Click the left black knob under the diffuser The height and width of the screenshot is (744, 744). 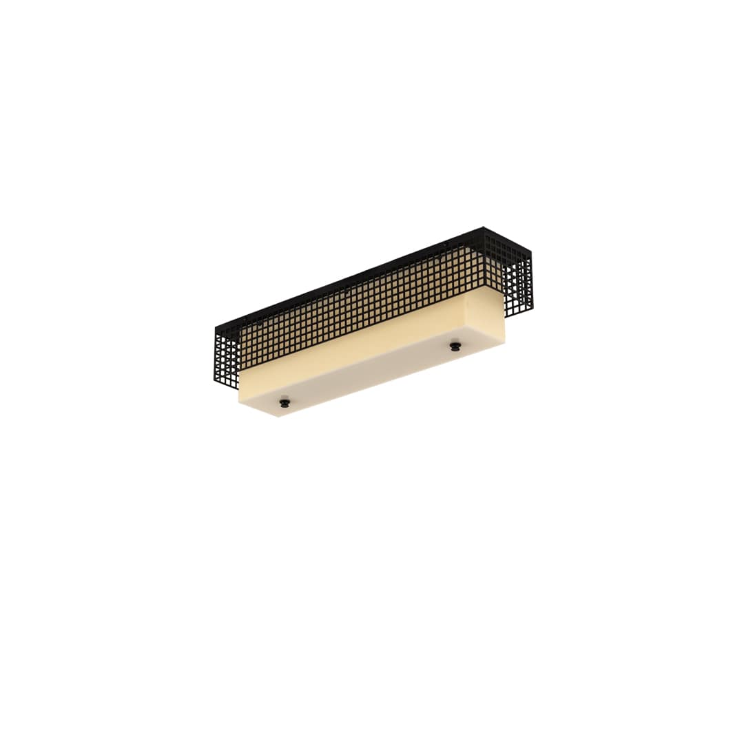(x=284, y=400)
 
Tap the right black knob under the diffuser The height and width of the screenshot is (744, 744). (x=455, y=345)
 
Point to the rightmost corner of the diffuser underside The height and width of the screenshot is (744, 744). (x=505, y=340)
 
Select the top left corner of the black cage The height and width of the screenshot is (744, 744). (x=216, y=327)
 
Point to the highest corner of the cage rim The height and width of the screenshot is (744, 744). (x=483, y=227)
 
